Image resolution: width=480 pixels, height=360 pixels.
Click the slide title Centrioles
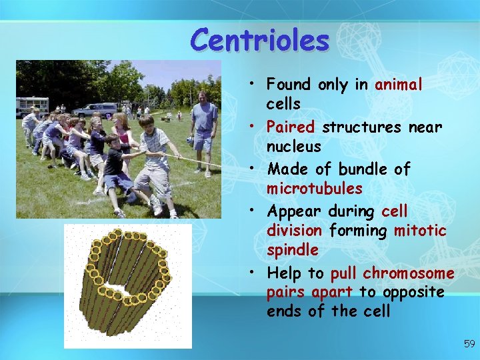point(259,40)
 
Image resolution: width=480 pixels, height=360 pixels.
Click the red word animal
point(399,85)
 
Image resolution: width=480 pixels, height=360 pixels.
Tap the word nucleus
point(293,147)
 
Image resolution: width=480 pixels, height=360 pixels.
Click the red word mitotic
point(420,231)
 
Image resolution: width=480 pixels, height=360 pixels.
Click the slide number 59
point(469,344)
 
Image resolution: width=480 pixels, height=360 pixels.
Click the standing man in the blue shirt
point(204,130)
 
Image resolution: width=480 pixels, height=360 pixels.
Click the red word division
point(293,231)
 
